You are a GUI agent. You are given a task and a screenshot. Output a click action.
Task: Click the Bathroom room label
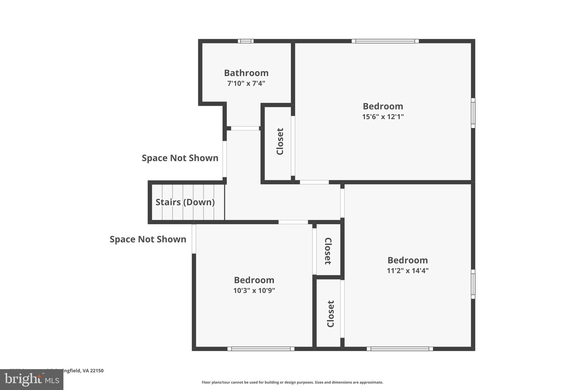coord(246,73)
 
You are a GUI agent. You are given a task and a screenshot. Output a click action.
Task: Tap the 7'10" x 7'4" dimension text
coord(246,84)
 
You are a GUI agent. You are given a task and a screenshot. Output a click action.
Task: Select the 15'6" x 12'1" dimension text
coord(383,117)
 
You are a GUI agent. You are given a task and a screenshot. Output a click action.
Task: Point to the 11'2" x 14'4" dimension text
coord(407,271)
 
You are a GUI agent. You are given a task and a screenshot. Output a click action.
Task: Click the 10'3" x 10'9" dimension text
coord(254,291)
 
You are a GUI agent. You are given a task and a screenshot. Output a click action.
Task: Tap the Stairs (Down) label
coord(185,202)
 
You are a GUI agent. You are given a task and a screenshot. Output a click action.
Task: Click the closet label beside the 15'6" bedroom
coord(280,141)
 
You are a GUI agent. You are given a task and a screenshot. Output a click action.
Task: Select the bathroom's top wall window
coord(246,41)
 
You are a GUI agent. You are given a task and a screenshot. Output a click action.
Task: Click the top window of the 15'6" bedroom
coord(385,41)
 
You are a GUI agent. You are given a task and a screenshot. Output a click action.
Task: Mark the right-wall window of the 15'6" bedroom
coord(473,113)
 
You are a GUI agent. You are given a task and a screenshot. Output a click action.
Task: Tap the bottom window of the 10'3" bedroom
coord(261,349)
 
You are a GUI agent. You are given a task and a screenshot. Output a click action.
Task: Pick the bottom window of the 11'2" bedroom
coord(400,349)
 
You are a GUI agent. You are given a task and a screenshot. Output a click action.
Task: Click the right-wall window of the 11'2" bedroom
coord(473,284)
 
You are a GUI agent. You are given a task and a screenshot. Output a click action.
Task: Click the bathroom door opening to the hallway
coord(245,128)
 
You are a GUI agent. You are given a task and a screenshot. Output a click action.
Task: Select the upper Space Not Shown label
coord(180,158)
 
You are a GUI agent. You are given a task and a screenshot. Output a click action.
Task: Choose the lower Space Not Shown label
coord(148,239)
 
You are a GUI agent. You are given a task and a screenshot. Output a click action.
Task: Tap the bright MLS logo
coord(31,379)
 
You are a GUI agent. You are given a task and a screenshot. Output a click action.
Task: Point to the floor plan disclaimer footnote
coord(292,382)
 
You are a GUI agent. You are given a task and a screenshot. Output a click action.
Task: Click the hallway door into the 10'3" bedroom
coord(293,222)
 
